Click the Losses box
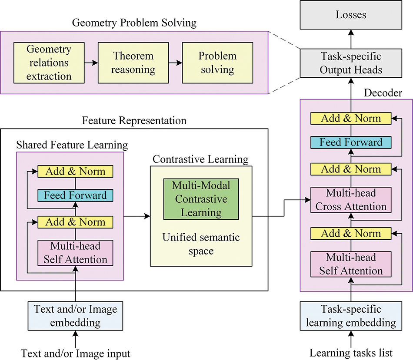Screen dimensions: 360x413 pos(351,15)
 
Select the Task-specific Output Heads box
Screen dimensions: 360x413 pos(351,63)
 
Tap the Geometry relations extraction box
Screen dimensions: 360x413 pos(49,63)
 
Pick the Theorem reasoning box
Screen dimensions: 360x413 pos(133,63)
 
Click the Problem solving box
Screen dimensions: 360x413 pos(217,63)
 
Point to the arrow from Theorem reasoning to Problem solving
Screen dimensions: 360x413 pos(176,63)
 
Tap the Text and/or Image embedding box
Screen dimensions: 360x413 pos(76,316)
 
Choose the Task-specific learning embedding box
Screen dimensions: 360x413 pos(351,316)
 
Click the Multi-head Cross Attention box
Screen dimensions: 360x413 pos(351,200)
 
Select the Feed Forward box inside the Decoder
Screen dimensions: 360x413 pos(351,142)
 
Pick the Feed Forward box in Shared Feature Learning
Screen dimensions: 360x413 pos(75,195)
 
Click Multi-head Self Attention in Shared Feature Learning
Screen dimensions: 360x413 pos(75,253)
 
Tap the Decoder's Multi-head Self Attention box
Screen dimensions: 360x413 pos(351,264)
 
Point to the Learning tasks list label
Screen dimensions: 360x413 pos(351,353)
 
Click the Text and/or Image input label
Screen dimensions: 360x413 pos(76,353)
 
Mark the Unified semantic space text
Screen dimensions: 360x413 pos(200,244)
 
